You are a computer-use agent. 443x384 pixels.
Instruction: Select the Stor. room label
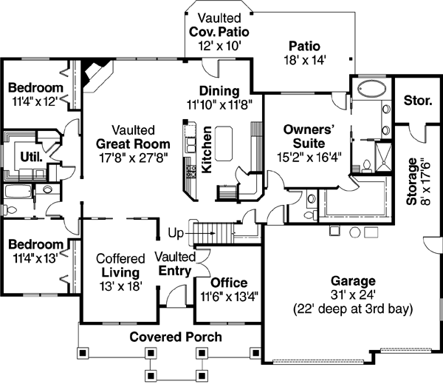(418, 100)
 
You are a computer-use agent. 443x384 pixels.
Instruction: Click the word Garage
(353, 281)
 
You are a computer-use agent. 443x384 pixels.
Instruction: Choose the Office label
(229, 283)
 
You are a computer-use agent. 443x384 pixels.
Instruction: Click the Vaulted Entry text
(175, 263)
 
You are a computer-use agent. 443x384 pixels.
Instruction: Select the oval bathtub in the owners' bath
(366, 90)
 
